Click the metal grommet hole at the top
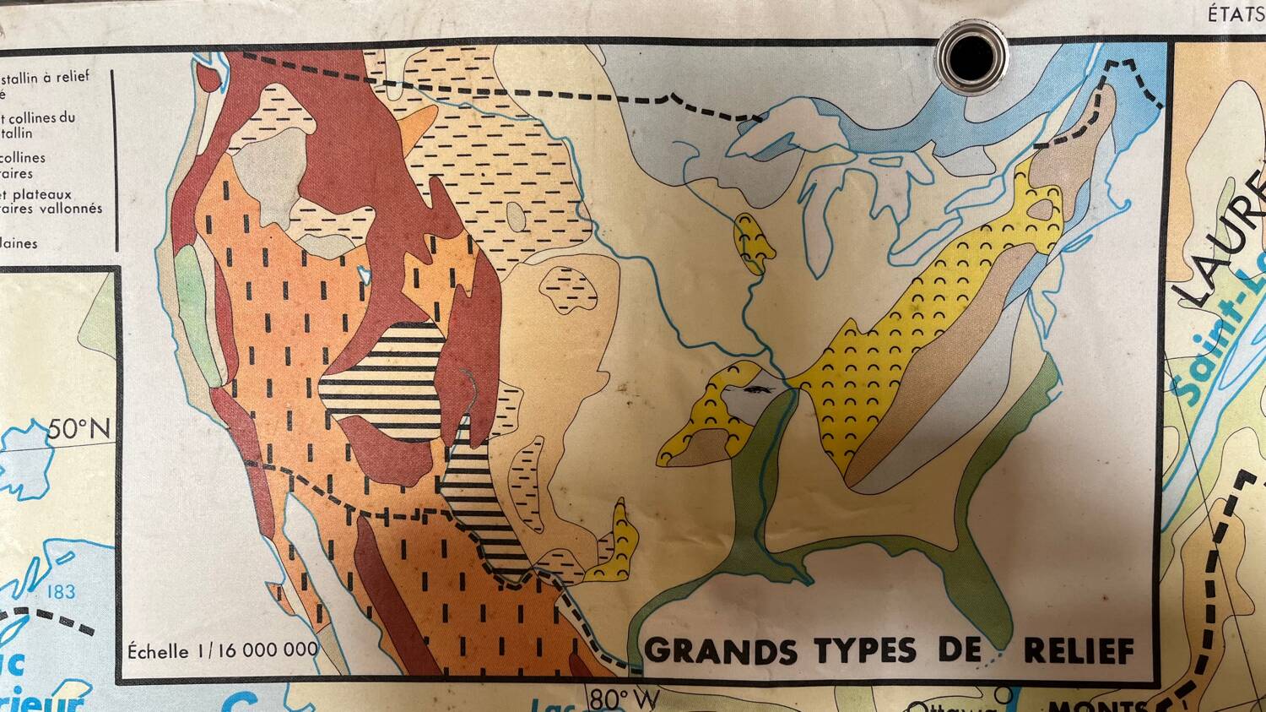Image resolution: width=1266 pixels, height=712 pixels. (971, 55)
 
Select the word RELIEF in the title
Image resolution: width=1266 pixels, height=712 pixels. (1079, 650)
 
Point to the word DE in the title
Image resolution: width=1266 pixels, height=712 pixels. (960, 650)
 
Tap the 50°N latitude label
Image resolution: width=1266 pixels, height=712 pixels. (78, 429)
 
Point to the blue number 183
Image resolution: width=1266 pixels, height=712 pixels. (61, 591)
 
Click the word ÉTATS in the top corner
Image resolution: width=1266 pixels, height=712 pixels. (1236, 14)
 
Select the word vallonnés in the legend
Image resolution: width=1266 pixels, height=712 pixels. (73, 208)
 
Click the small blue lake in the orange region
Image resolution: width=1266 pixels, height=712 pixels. (365, 274)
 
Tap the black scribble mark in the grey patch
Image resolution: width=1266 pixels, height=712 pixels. (759, 390)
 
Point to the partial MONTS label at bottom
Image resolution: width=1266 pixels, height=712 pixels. (1097, 704)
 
